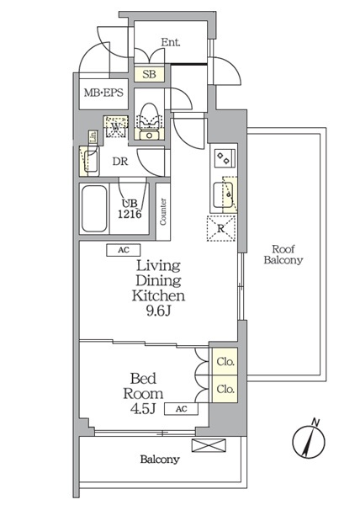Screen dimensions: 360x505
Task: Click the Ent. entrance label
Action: tap(171, 42)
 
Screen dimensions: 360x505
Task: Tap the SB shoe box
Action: tap(149, 74)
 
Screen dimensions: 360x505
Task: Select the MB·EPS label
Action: tap(103, 93)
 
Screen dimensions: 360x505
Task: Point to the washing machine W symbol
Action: tap(116, 126)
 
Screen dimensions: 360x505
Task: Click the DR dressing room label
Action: tap(120, 162)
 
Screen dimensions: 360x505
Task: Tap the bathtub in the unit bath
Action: tap(94, 209)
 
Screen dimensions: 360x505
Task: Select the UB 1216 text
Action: tap(130, 209)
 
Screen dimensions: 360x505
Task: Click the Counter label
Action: tap(163, 211)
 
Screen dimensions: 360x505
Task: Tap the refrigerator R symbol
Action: tap(220, 228)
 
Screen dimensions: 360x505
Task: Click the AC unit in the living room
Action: tap(124, 250)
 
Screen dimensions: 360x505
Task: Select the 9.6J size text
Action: tap(158, 311)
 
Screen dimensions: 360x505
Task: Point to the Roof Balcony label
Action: tap(283, 254)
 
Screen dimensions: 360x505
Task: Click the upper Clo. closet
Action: tap(225, 361)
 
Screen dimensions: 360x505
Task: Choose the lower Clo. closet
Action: tap(225, 389)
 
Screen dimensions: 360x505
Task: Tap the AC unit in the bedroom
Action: tap(182, 409)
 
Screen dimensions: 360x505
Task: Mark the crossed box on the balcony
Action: tap(209, 445)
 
